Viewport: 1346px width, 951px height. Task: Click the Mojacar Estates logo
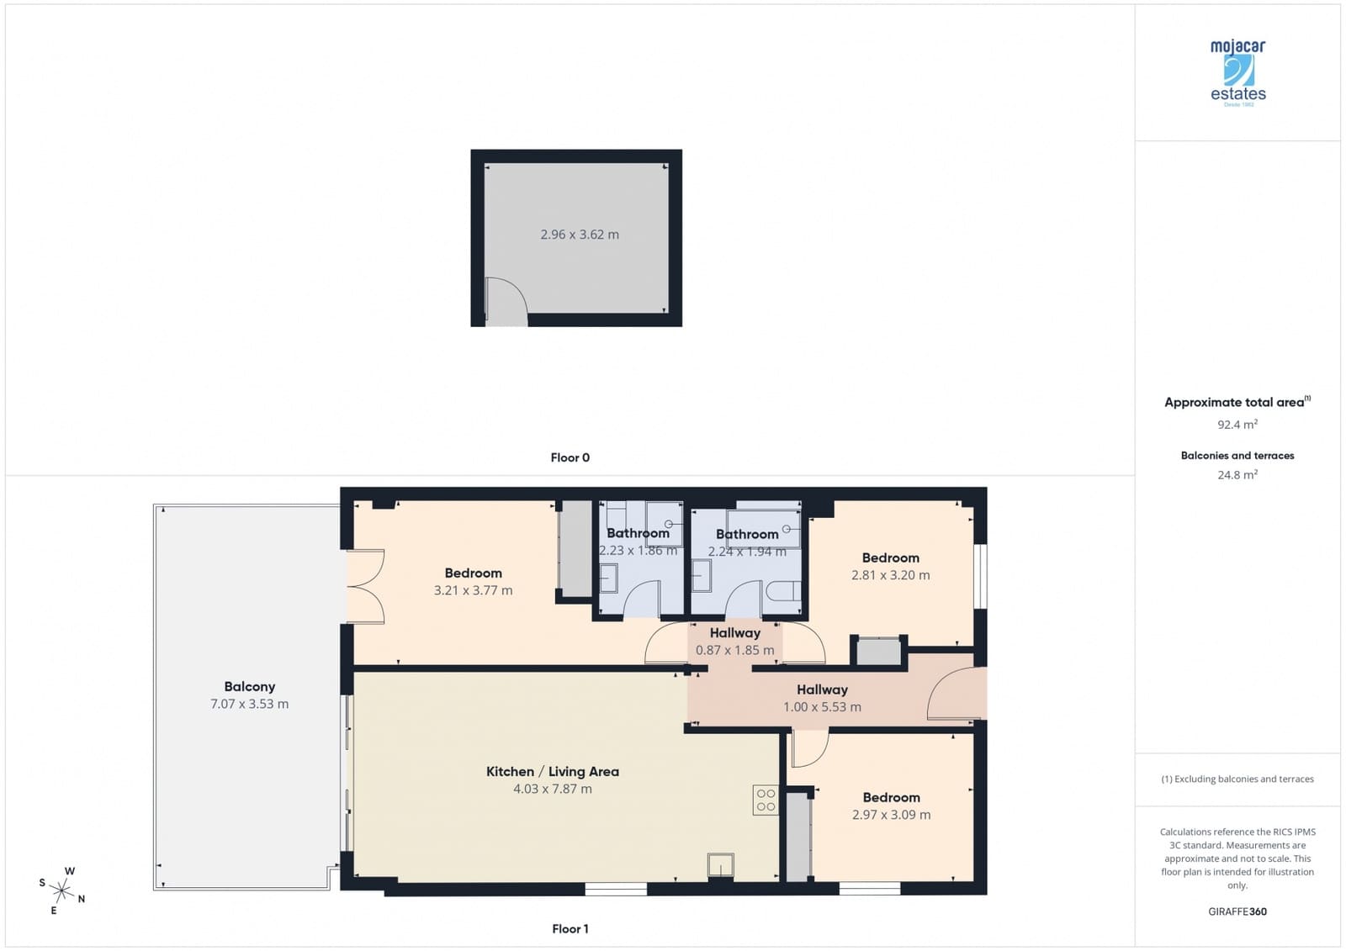[x=1237, y=72]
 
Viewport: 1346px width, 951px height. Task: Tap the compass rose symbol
[x=62, y=889]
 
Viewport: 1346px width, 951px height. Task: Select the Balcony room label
[x=249, y=686]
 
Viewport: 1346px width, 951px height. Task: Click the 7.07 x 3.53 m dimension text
[x=249, y=704]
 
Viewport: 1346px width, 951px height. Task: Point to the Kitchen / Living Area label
[x=552, y=771]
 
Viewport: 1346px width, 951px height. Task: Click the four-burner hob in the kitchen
[x=766, y=800]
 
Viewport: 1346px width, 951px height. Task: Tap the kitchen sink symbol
[x=720, y=865]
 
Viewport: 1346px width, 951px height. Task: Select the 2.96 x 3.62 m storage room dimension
[x=579, y=235]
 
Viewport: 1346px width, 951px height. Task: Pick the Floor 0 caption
[x=570, y=457]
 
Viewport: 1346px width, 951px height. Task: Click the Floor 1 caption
[x=570, y=928]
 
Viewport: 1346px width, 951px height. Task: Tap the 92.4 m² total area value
[x=1237, y=425]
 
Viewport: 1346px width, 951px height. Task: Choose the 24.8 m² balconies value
[x=1237, y=475]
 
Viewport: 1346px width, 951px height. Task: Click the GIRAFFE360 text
[x=1237, y=911]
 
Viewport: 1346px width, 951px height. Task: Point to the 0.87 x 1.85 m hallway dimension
[x=734, y=650]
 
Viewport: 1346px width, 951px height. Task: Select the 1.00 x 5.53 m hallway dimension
[x=822, y=707]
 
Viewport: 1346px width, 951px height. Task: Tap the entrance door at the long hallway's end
[x=956, y=695]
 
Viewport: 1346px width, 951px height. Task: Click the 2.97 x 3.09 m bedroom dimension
[x=891, y=815]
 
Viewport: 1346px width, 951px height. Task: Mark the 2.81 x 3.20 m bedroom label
[x=890, y=575]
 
